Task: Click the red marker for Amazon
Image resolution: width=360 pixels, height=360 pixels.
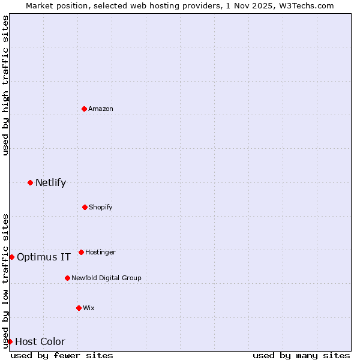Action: pyautogui.click(x=84, y=109)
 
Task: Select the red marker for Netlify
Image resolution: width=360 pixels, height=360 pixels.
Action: pyautogui.click(x=30, y=182)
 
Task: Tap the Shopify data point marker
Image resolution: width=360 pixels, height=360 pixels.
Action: pyautogui.click(x=85, y=207)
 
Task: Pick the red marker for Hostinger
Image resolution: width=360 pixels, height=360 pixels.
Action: pyautogui.click(x=81, y=252)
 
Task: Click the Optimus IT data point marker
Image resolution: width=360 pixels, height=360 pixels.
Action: pyautogui.click(x=11, y=257)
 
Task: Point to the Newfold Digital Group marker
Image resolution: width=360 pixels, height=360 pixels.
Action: pyautogui.click(x=67, y=278)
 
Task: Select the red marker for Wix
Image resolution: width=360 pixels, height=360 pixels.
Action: pyautogui.click(x=79, y=308)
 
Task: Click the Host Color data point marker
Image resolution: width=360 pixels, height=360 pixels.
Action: pyautogui.click(x=10, y=341)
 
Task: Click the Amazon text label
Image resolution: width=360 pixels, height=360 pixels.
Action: pyautogui.click(x=101, y=109)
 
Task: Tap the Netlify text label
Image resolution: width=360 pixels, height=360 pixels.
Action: pyautogui.click(x=50, y=182)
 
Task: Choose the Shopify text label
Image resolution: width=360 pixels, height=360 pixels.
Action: pyautogui.click(x=101, y=207)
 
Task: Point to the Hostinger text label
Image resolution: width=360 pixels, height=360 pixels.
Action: pyautogui.click(x=100, y=252)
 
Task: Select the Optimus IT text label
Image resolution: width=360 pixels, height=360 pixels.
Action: pyautogui.click(x=44, y=257)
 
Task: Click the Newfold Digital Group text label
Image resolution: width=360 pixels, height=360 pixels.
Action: pyautogui.click(x=106, y=278)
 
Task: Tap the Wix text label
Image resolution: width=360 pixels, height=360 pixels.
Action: pyautogui.click(x=89, y=308)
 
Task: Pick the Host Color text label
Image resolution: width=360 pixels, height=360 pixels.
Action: pyautogui.click(x=40, y=341)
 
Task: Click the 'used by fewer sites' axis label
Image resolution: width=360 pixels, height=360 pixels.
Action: pyautogui.click(x=62, y=355)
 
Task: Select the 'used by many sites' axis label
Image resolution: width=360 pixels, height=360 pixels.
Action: pyautogui.click(x=301, y=355)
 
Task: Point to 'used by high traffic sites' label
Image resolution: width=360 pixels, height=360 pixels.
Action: pyautogui.click(x=5, y=86)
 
